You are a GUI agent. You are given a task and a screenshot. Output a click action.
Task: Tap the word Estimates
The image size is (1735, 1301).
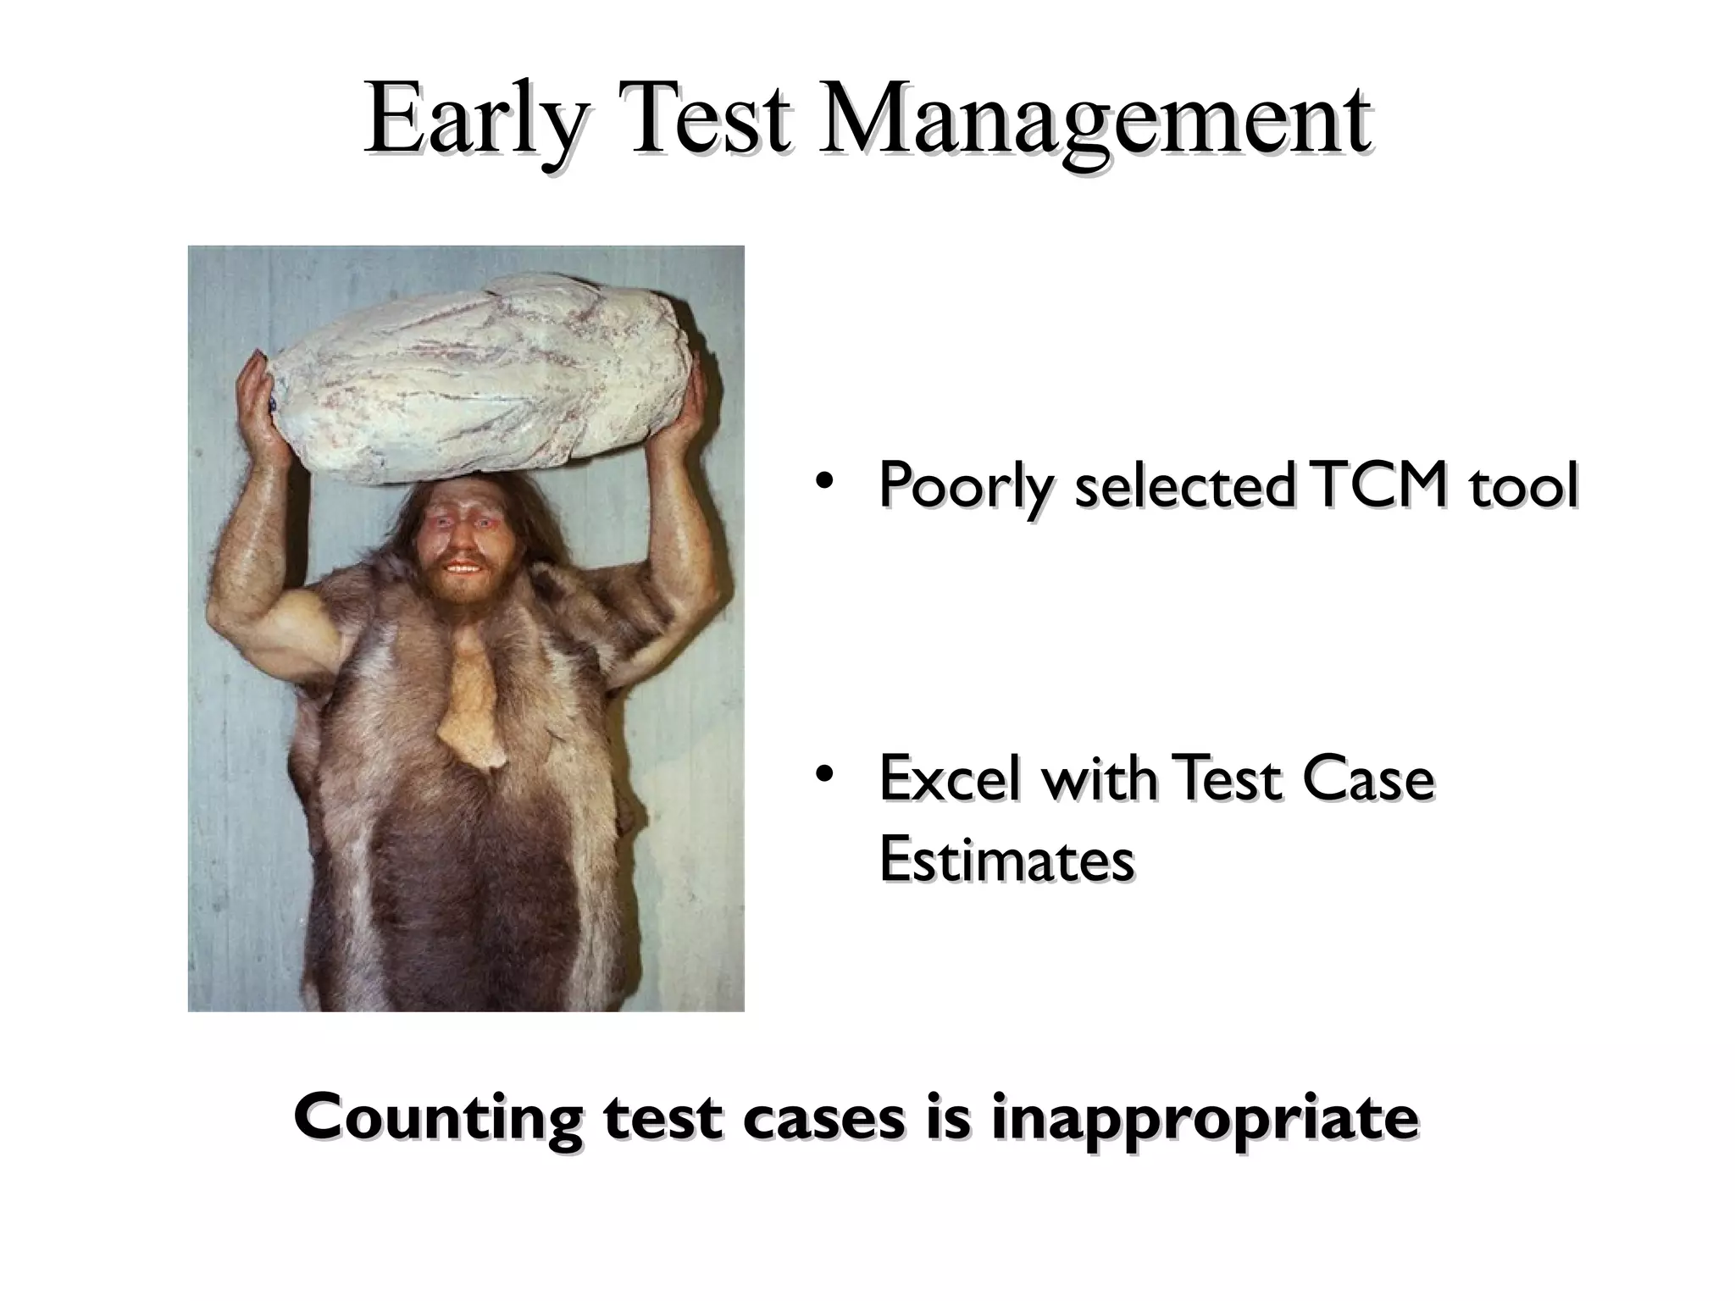1006,859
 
